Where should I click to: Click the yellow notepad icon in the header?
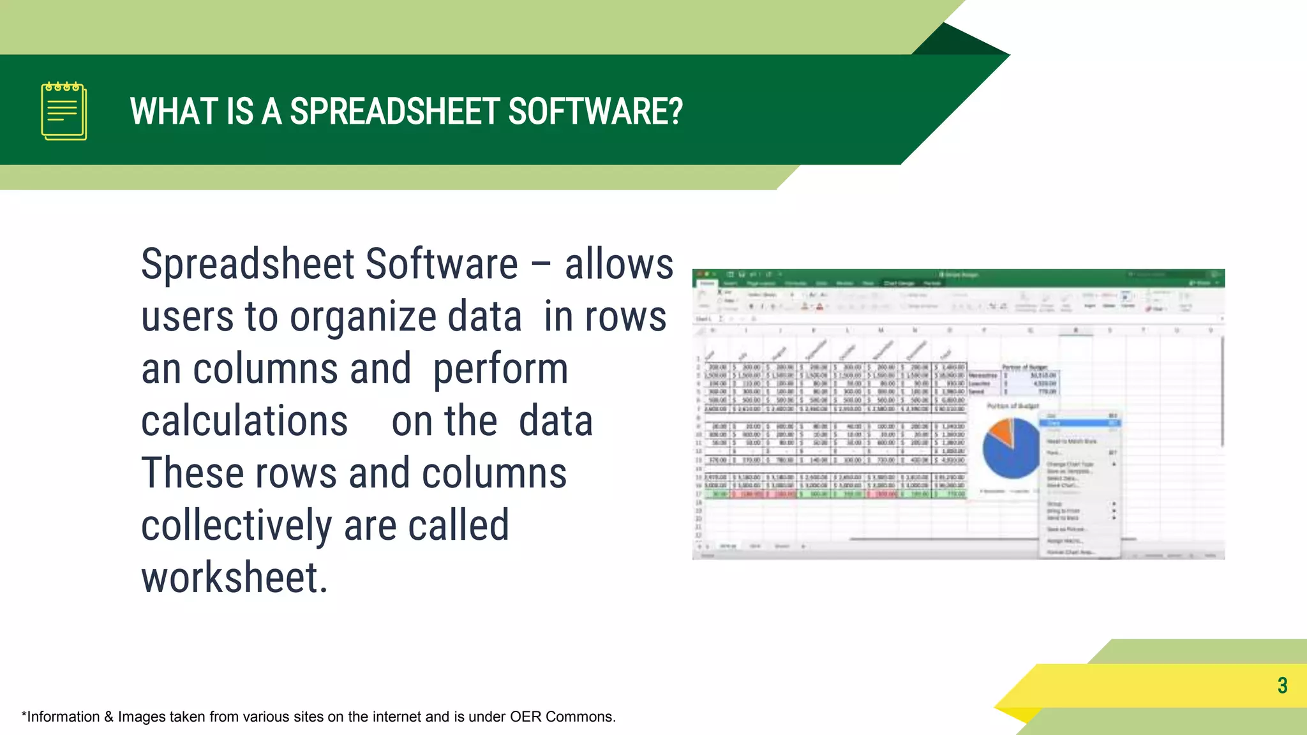click(64, 111)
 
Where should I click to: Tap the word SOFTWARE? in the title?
click(595, 112)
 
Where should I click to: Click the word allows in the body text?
click(618, 264)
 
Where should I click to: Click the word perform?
click(500, 369)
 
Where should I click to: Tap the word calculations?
click(244, 422)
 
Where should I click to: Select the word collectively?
click(237, 526)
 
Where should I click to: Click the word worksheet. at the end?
click(234, 579)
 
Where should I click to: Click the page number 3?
click(1282, 686)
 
